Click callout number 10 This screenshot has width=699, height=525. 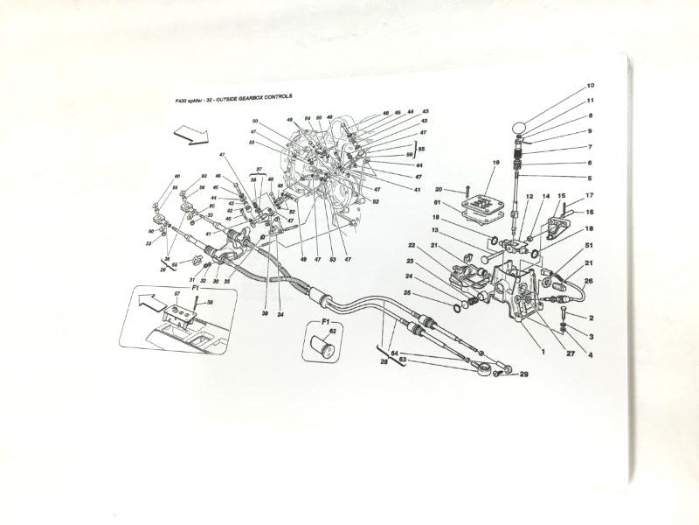click(591, 86)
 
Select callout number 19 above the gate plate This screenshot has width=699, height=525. click(495, 163)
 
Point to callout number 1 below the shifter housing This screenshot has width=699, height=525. click(542, 352)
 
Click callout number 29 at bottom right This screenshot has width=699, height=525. click(525, 374)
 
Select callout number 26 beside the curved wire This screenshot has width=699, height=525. click(587, 280)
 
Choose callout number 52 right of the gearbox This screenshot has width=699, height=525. click(376, 202)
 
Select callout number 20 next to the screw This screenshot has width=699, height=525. click(439, 189)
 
